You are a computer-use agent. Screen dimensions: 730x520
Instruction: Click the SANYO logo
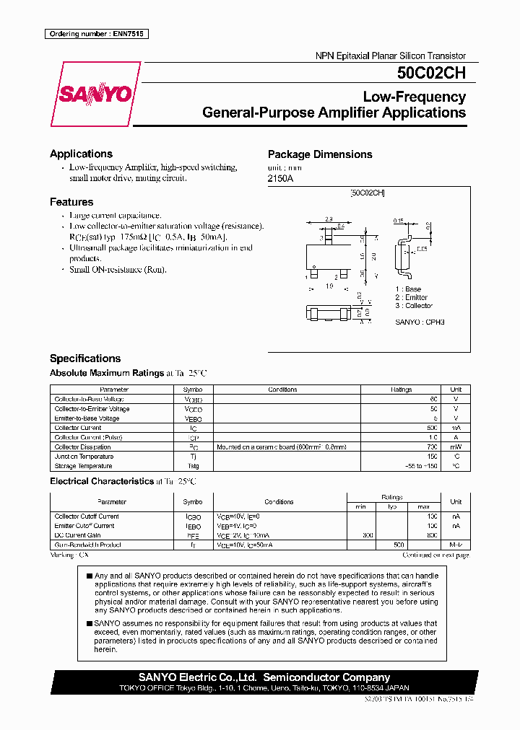(x=95, y=94)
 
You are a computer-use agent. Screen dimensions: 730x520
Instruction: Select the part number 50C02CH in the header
(x=430, y=73)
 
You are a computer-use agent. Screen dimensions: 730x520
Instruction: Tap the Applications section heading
(x=81, y=154)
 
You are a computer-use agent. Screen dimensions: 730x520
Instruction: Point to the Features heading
(x=71, y=202)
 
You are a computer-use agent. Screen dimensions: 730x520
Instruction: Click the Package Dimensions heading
(x=320, y=154)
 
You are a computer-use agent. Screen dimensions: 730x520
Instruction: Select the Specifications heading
(x=85, y=359)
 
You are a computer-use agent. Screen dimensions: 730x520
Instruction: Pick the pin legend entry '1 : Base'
(x=408, y=289)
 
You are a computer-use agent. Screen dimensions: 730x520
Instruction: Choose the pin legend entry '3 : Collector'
(x=414, y=306)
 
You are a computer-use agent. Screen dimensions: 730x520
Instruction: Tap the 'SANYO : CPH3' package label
(x=420, y=322)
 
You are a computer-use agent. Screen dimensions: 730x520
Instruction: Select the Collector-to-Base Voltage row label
(x=89, y=399)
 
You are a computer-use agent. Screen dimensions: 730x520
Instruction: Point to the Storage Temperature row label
(x=84, y=466)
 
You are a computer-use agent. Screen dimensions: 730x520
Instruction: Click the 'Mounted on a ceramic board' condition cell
(x=282, y=447)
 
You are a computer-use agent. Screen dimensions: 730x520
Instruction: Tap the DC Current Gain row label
(x=79, y=535)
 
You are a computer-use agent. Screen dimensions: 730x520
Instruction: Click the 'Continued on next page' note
(x=435, y=555)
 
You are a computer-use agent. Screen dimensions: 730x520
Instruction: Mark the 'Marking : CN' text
(x=69, y=555)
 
